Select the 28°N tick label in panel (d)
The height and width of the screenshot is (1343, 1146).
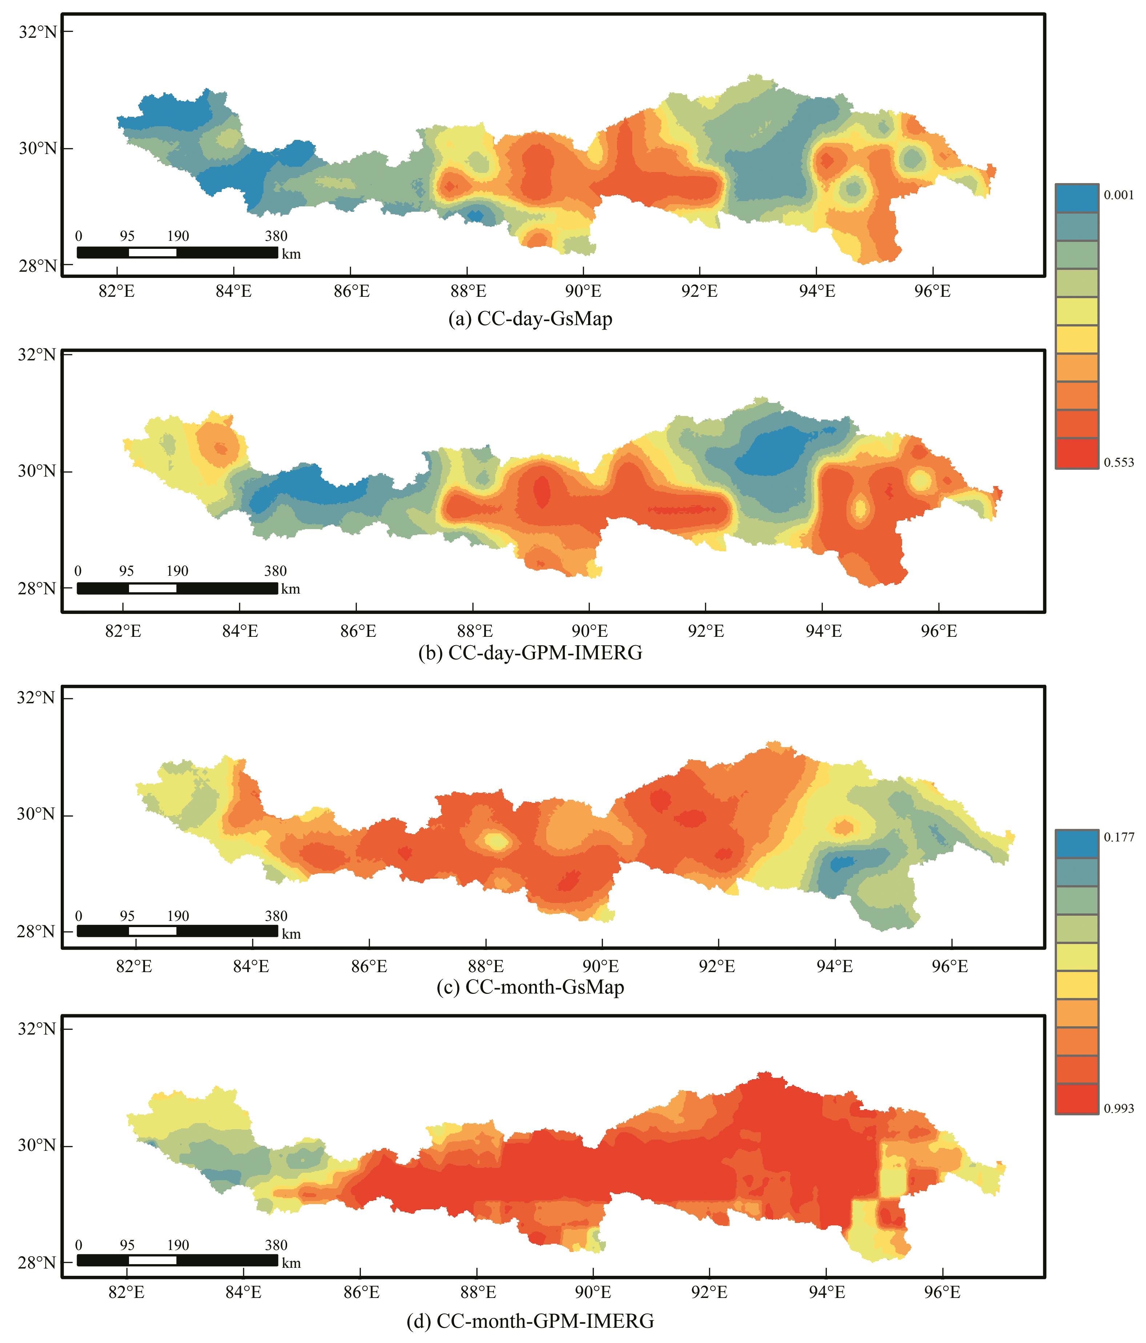pyautogui.click(x=37, y=1263)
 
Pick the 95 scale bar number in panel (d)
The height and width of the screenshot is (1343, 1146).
pyautogui.click(x=127, y=1245)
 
